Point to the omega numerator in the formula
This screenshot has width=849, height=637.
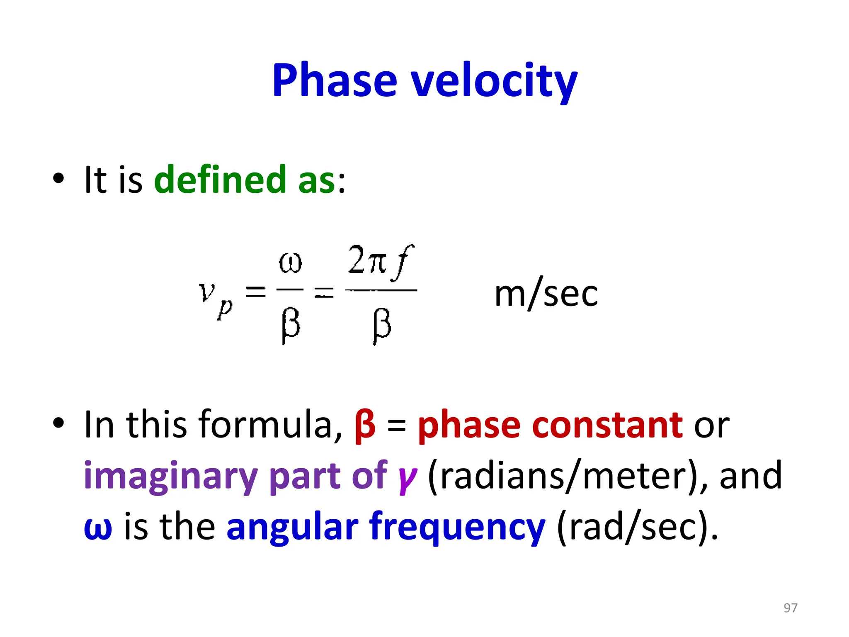click(x=290, y=263)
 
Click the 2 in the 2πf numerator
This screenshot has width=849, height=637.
click(x=356, y=260)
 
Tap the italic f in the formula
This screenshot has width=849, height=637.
click(x=403, y=261)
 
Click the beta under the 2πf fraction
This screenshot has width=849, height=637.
click(x=381, y=326)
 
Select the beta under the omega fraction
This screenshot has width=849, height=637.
click(x=290, y=326)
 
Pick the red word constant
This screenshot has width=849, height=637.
click(x=607, y=425)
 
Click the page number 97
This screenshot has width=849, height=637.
click(x=790, y=608)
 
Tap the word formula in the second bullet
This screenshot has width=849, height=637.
click(x=270, y=425)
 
